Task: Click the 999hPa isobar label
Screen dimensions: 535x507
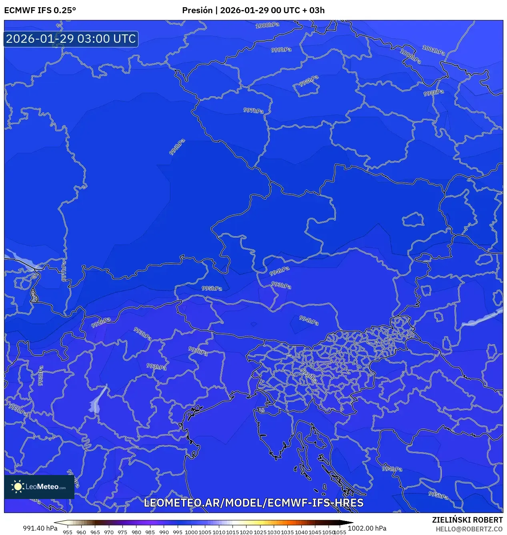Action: [281, 50]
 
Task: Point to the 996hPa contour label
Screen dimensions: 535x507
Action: [177, 147]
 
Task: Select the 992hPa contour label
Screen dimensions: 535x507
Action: [101, 322]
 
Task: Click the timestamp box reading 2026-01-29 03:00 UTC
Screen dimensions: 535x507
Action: [71, 39]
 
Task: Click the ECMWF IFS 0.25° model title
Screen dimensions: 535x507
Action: [40, 10]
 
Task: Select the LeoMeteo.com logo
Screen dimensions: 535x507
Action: [39, 487]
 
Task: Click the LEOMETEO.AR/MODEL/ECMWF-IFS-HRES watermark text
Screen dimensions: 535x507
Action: [253, 503]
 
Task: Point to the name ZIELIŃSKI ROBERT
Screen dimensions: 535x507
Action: [467, 520]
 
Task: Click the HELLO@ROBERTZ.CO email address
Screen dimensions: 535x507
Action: [469, 529]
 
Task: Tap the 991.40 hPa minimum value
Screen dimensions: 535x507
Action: [40, 528]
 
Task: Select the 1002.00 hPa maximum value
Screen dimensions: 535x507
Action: [367, 528]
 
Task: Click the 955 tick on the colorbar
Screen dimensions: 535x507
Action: [68, 532]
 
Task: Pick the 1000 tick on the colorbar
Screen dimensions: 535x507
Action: [191, 532]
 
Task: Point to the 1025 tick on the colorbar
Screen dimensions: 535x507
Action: [260, 532]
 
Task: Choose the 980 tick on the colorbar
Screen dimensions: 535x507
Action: [136, 532]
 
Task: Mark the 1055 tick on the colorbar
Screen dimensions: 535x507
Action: [340, 532]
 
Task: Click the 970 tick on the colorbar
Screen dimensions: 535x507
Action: [109, 532]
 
